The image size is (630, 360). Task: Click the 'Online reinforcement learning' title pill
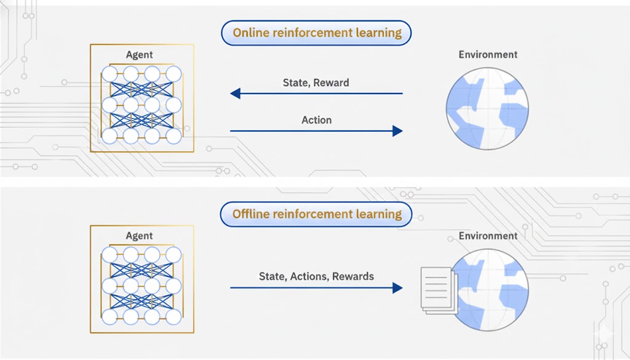pyautogui.click(x=316, y=33)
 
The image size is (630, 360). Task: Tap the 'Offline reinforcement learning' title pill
pyautogui.click(x=316, y=215)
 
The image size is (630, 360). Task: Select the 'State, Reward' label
pyautogui.click(x=316, y=82)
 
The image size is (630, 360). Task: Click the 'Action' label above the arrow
pyautogui.click(x=316, y=120)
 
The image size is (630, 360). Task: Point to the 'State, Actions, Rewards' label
pyautogui.click(x=316, y=276)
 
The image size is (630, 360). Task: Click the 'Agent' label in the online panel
pyautogui.click(x=139, y=55)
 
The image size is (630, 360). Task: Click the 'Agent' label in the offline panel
pyautogui.click(x=139, y=236)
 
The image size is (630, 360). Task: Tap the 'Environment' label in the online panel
pyautogui.click(x=488, y=55)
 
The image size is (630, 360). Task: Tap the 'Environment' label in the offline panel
pyautogui.click(x=488, y=236)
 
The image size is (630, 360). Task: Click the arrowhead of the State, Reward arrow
pyautogui.click(x=235, y=94)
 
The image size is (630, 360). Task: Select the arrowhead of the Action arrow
pyautogui.click(x=397, y=130)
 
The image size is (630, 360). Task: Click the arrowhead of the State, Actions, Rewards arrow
pyautogui.click(x=397, y=287)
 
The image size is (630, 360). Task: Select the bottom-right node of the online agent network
pyautogui.click(x=173, y=135)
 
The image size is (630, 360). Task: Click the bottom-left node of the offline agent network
pyautogui.click(x=110, y=317)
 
